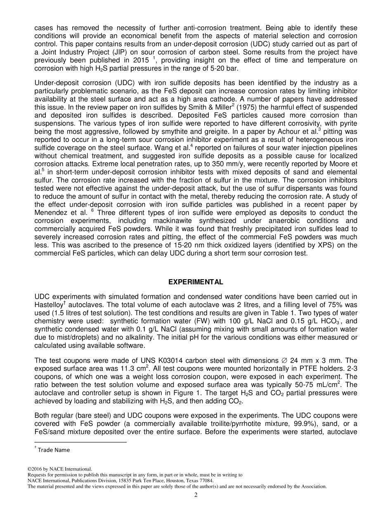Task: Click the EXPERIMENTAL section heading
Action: pyautogui.click(x=196, y=282)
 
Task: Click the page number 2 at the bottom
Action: pyautogui.click(x=196, y=495)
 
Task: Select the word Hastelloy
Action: pyautogui.click(x=49, y=304)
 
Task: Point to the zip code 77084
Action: pyautogui.click(x=206, y=481)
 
